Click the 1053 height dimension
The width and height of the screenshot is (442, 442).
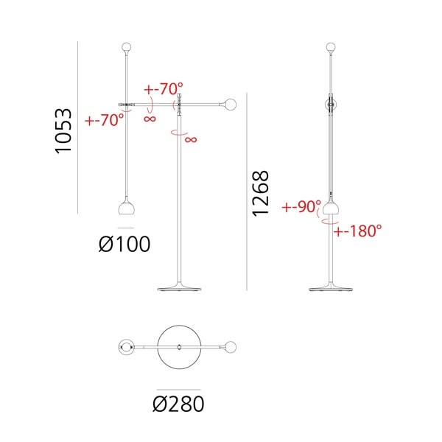click(63, 131)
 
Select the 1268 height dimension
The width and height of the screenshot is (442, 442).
click(261, 193)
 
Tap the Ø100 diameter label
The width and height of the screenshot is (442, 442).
click(124, 244)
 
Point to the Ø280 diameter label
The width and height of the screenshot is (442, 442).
click(178, 404)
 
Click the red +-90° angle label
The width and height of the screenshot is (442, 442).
click(301, 206)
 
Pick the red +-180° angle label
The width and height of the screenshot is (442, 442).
click(358, 231)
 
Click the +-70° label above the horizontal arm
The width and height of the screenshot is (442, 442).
click(164, 89)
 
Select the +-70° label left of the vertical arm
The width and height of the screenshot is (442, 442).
click(105, 120)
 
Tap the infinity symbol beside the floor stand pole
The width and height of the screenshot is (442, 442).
click(191, 139)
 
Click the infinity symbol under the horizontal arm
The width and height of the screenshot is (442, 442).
click(150, 119)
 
